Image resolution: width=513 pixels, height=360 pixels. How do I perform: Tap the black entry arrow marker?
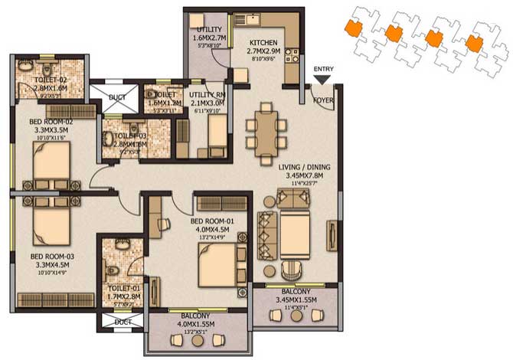tap(323, 77)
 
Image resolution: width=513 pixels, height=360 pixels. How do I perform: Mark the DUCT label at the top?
tap(116, 98)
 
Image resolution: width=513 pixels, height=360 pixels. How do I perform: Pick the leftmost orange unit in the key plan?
tap(354, 29)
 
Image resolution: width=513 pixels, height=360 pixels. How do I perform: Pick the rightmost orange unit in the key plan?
tap(475, 46)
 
